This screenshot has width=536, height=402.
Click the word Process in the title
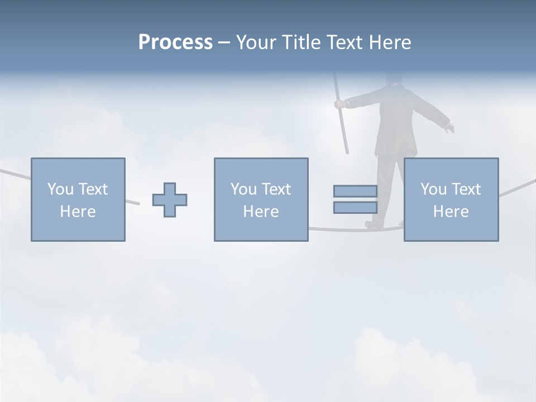point(175,42)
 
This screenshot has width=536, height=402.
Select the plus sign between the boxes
point(170,199)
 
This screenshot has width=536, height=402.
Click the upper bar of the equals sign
point(355,191)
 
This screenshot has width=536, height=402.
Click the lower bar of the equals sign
point(355,207)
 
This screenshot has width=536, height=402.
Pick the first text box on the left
point(78,199)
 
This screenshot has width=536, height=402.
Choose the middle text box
point(261,199)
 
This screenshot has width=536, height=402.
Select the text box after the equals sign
point(451,199)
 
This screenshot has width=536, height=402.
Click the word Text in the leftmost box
point(93,189)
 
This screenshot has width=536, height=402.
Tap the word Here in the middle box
point(261,212)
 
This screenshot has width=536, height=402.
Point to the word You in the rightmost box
point(433,189)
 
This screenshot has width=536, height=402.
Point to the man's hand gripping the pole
point(339,104)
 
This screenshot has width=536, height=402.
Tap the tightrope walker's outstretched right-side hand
point(449,128)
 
